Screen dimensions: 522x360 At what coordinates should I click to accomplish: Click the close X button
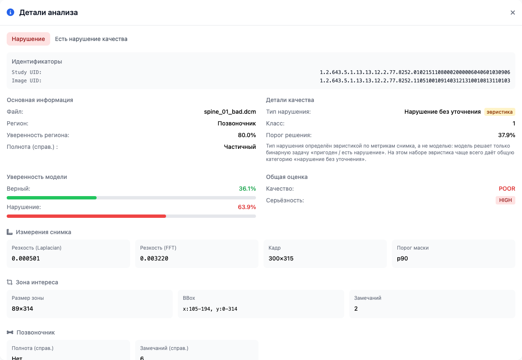(x=512, y=13)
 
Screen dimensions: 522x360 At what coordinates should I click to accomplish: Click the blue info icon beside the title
(x=10, y=13)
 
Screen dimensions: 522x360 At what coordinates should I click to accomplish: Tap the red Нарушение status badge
(x=28, y=39)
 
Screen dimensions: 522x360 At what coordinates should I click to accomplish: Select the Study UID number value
(x=415, y=72)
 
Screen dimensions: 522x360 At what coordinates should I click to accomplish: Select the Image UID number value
(x=415, y=81)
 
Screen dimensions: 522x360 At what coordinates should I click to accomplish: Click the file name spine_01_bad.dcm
(x=230, y=112)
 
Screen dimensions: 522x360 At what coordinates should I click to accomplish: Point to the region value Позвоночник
(x=237, y=123)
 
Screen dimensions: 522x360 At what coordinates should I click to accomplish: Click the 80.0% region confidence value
(x=247, y=135)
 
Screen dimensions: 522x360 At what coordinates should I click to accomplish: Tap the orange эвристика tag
(x=499, y=112)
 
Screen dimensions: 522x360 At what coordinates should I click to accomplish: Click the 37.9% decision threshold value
(x=507, y=135)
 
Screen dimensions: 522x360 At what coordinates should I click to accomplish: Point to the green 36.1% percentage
(x=247, y=189)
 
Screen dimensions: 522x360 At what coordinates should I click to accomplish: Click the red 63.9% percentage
(x=247, y=207)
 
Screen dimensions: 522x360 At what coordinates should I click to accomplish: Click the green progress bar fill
(x=51, y=198)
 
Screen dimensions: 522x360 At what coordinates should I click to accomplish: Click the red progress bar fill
(x=86, y=216)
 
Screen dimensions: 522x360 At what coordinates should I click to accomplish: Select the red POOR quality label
(x=507, y=189)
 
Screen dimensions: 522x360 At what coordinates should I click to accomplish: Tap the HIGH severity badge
(x=505, y=200)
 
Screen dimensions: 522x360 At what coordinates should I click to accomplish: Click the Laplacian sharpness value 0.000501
(x=26, y=258)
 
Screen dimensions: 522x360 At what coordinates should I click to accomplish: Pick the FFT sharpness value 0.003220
(x=154, y=258)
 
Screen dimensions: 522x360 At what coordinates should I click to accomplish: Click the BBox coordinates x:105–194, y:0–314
(x=210, y=309)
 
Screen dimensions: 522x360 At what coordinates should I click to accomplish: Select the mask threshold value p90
(x=402, y=259)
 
